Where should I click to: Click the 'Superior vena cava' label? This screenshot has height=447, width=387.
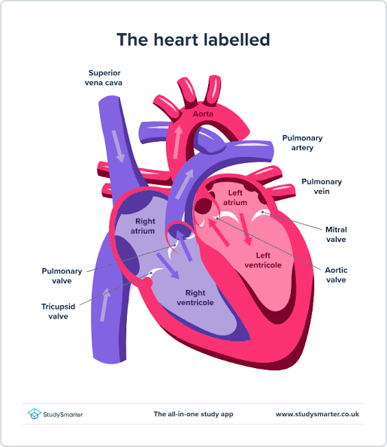(104, 78)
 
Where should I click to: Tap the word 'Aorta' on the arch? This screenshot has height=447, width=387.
(203, 114)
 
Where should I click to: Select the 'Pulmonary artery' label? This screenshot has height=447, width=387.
(302, 143)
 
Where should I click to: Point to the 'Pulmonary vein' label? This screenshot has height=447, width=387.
(322, 186)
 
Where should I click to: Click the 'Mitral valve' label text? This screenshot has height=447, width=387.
(336, 234)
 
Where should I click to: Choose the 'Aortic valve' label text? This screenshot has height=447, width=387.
(336, 275)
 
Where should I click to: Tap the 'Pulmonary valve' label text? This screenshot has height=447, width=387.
(62, 276)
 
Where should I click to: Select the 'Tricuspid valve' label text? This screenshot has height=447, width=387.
(58, 311)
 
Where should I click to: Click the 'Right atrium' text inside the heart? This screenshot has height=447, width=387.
(143, 226)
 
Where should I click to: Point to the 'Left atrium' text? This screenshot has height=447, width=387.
(235, 198)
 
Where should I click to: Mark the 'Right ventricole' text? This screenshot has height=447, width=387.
(195, 297)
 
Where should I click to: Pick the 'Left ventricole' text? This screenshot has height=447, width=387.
(263, 260)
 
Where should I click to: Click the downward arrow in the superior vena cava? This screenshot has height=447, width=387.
(118, 146)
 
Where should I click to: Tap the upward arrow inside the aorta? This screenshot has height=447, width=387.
(177, 142)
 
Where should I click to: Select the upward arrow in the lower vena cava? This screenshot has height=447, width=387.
(105, 304)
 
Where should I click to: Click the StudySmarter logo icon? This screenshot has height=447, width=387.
(35, 414)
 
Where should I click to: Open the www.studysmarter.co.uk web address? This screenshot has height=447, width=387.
(317, 414)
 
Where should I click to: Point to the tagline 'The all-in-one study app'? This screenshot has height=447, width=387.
(193, 414)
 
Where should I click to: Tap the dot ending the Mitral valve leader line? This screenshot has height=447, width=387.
(262, 212)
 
